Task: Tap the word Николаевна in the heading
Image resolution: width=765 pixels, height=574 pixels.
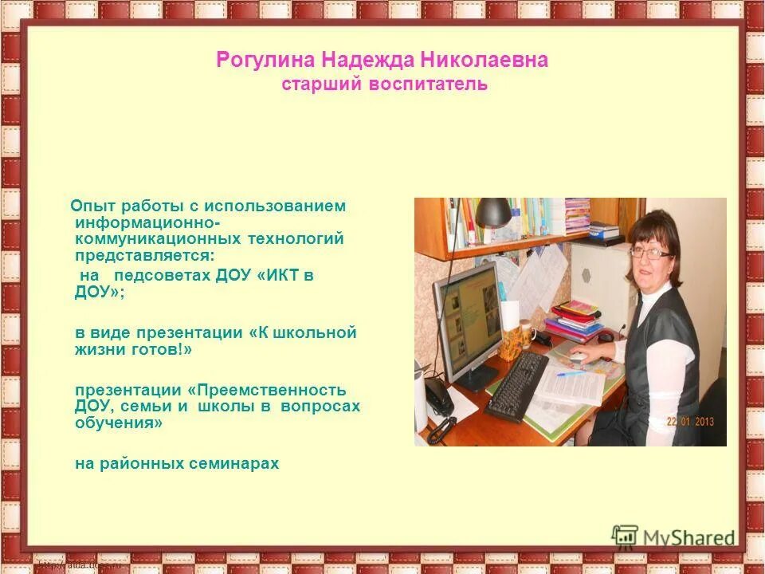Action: (x=492, y=61)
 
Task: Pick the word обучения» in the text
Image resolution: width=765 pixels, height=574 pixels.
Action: (x=119, y=423)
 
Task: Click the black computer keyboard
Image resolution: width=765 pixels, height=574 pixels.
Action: (x=516, y=386)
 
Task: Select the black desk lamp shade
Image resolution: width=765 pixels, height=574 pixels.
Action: (x=494, y=212)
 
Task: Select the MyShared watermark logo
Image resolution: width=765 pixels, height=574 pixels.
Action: (x=674, y=537)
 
